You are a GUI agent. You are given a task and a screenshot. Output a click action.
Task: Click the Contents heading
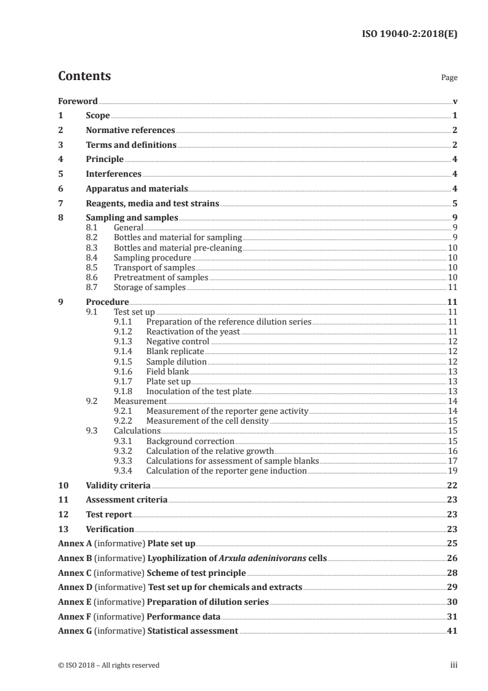point(84,76)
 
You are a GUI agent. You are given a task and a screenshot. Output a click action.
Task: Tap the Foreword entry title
point(78,101)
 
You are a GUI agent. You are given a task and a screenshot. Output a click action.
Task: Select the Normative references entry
point(130,130)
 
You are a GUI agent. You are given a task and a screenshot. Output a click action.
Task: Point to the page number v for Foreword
point(454,101)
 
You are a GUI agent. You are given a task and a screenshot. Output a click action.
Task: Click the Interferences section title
point(113,174)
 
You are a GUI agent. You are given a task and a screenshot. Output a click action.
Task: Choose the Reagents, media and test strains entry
point(152,203)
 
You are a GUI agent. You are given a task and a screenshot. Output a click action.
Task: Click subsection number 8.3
point(92,248)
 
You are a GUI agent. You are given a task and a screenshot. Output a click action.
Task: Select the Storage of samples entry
point(150,287)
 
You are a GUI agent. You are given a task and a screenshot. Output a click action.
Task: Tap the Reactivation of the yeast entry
point(193,331)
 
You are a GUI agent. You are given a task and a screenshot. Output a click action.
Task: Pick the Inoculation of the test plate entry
point(199,391)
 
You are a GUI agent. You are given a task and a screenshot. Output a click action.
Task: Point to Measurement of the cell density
point(207,421)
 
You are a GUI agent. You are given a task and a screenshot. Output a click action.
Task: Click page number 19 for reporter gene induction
point(452,471)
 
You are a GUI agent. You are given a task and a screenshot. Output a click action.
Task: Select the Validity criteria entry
point(118,485)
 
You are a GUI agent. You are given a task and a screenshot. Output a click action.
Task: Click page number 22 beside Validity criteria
point(452,485)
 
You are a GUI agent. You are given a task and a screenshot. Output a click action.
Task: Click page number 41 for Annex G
point(452,631)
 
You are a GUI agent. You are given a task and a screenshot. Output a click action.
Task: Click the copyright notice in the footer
point(109,665)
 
